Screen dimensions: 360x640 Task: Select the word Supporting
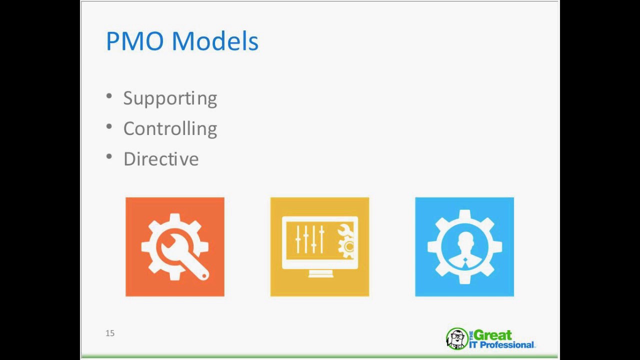pos(170,98)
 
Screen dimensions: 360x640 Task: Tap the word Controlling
pos(170,128)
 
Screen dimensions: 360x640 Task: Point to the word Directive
pos(161,159)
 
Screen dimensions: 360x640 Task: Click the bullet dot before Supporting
pos(109,95)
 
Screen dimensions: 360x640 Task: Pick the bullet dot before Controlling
pos(109,126)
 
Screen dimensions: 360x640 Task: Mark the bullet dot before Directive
pos(109,156)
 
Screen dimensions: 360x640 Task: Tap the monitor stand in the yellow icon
pos(320,273)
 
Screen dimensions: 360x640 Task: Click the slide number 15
pos(110,333)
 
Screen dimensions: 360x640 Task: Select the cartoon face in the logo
pos(456,338)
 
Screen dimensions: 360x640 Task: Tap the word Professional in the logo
pos(506,344)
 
